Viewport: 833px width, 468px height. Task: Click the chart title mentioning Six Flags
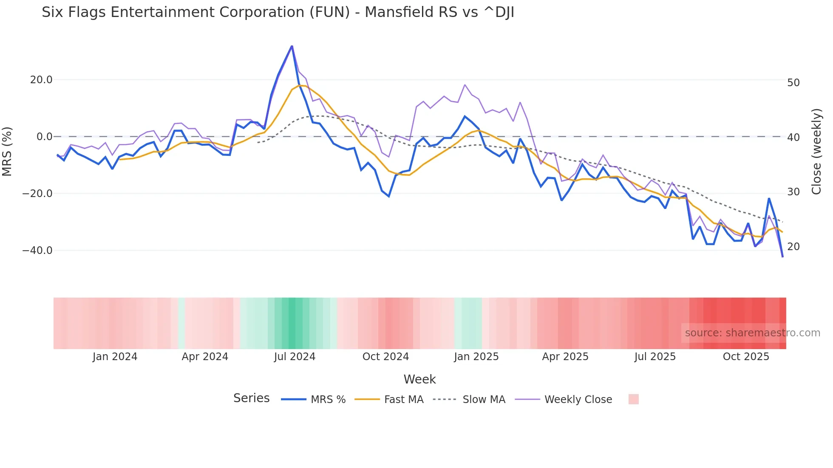(278, 12)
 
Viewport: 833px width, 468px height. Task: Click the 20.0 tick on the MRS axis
(41, 80)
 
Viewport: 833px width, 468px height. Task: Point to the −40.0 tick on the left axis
(37, 251)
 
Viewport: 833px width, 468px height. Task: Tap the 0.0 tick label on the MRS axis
(45, 137)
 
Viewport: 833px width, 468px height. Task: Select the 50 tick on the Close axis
(793, 83)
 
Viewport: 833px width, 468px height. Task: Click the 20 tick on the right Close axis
(793, 247)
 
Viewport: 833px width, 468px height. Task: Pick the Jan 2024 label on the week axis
(115, 357)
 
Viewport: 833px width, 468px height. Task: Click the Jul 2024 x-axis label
(295, 357)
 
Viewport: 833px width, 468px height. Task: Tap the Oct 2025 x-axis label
(746, 357)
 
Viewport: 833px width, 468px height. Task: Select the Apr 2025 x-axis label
(565, 357)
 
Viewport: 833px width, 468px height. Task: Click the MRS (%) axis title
(7, 151)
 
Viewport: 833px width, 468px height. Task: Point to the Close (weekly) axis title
(816, 152)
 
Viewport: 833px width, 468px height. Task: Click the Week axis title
(419, 379)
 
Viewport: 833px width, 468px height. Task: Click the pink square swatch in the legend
(633, 399)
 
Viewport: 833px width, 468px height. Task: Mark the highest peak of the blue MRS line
(292, 46)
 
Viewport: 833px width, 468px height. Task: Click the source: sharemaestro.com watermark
(752, 333)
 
